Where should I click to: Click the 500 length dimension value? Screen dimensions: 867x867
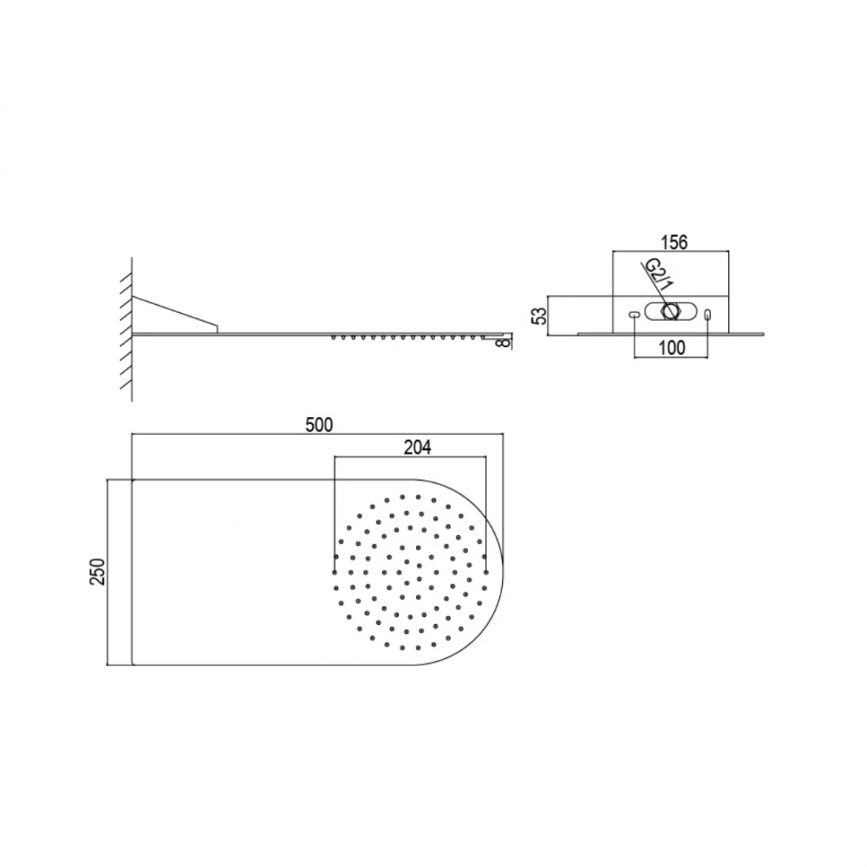pos(319,425)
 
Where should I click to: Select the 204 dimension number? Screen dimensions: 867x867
pos(417,447)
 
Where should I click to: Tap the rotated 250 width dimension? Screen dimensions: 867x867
pos(97,571)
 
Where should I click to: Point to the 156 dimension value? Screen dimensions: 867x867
pos(674,242)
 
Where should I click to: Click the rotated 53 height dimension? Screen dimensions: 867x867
pos(540,316)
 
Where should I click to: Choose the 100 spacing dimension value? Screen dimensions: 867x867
pos(672,348)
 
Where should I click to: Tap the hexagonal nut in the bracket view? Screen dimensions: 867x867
pos(670,311)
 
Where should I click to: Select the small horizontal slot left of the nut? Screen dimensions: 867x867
pos(634,314)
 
